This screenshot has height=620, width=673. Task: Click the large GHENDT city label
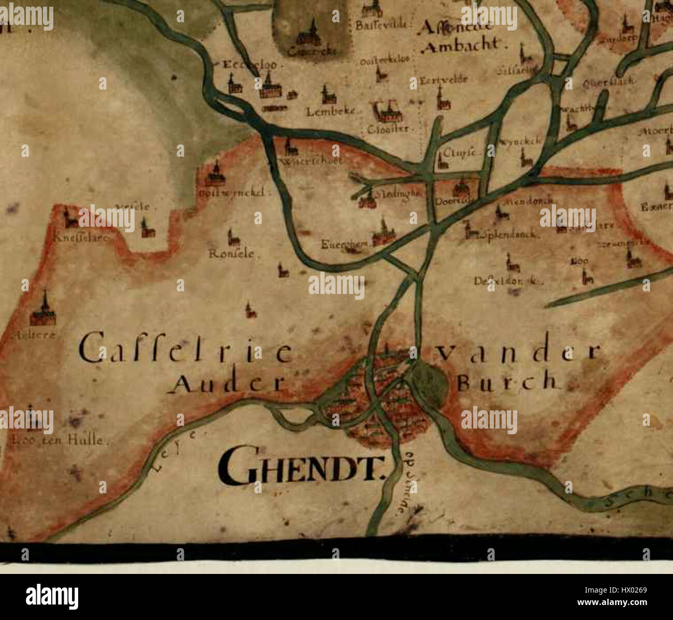point(303,465)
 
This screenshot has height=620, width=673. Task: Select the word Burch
point(509,382)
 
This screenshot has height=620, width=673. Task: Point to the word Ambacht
point(462,45)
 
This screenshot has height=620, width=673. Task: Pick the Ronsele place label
point(231,254)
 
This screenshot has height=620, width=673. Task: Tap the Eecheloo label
point(250,65)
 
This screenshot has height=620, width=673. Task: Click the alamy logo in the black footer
point(52,596)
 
